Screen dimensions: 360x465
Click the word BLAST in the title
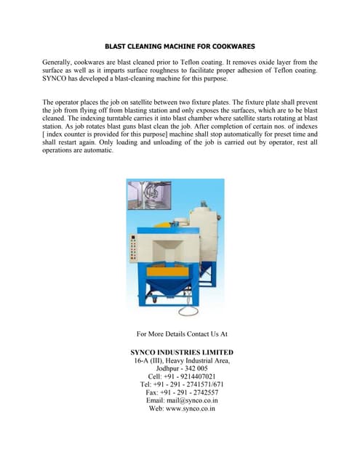pos(119,46)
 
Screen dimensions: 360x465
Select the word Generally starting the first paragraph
pos(60,62)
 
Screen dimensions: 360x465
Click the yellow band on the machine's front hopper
pos(167,267)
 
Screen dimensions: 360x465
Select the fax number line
pos(182,392)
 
